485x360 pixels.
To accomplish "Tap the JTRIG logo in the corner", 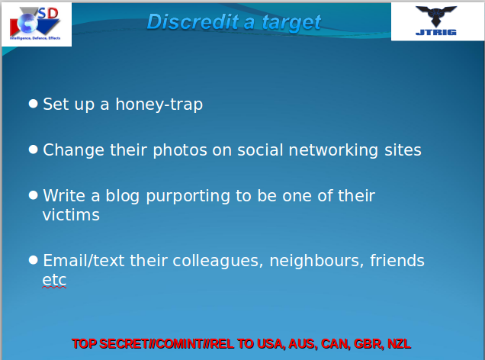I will coord(437,21).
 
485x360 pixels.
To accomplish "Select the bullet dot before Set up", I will coord(33,102).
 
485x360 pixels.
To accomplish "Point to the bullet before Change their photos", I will coord(33,149).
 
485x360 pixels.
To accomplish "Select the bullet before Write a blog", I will coord(33,194).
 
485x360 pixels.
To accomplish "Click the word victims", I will coord(71,215).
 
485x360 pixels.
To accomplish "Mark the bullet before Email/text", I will coord(33,259).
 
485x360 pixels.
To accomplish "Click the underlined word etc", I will coord(54,280).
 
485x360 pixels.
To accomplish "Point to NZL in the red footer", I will coord(399,343).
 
